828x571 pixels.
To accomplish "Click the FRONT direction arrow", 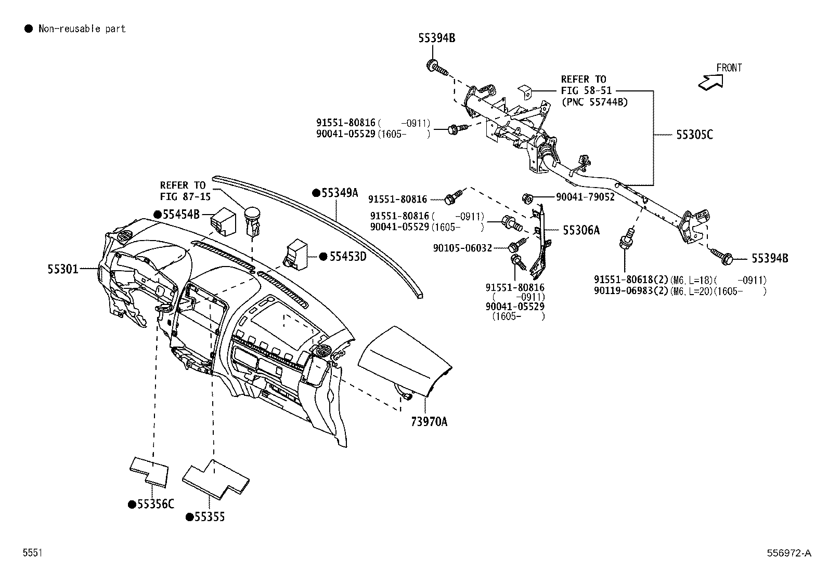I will [x=711, y=81].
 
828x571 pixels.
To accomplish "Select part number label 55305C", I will [x=694, y=135].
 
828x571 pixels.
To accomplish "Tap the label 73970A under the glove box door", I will [x=429, y=421].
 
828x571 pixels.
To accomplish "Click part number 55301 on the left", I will [x=63, y=269].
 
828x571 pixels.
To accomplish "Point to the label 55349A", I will [x=340, y=193].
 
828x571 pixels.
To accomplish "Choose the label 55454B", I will [x=181, y=215].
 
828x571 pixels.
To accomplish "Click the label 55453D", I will [x=347, y=257].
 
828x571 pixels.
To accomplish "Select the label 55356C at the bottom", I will [x=154, y=504].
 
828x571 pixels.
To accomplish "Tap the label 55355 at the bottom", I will [x=210, y=517].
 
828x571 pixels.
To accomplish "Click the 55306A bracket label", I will [x=581, y=230].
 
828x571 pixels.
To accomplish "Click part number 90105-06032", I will [x=462, y=248].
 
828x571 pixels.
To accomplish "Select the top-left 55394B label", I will [x=437, y=38].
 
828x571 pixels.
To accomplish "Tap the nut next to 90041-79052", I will [x=526, y=197].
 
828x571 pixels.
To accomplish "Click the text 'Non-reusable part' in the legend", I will [x=82, y=29].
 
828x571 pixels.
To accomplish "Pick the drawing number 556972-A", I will [x=788, y=553].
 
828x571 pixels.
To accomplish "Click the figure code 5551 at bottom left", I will [x=32, y=553].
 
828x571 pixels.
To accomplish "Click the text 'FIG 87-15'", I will [x=185, y=196].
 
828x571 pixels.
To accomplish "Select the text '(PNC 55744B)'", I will [x=594, y=102].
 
